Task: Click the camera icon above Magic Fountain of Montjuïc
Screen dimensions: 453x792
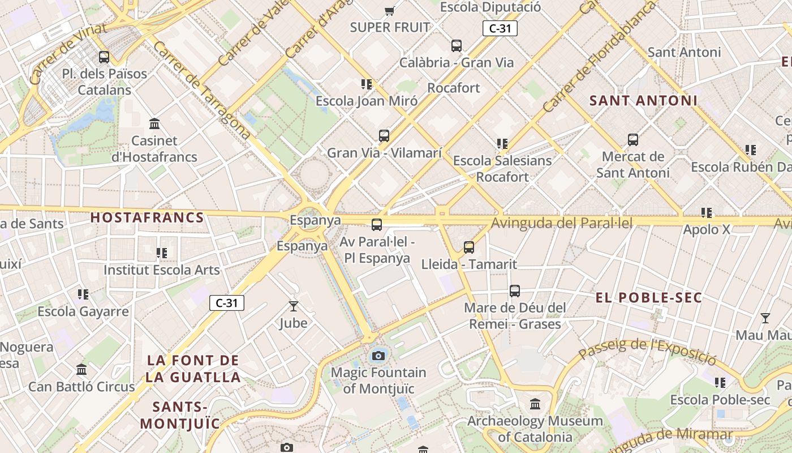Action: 378,356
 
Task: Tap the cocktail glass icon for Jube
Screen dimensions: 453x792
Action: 294,306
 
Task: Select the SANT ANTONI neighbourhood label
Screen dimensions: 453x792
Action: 643,101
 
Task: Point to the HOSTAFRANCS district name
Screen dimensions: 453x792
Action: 147,217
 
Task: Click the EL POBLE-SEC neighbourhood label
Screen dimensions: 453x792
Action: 649,298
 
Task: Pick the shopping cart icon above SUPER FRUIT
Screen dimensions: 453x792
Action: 389,11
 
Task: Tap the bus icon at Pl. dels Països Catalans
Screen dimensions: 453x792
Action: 104,57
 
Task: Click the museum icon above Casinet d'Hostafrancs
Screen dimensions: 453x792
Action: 154,124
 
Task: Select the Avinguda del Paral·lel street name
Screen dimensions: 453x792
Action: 561,223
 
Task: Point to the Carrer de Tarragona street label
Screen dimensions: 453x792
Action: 201,90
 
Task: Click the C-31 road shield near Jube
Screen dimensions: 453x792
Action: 227,303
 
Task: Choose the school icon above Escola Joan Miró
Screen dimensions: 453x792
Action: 367,84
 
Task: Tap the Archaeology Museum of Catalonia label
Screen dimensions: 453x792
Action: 535,429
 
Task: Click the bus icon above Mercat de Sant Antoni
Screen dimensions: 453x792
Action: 633,139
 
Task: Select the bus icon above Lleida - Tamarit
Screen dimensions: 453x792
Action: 469,247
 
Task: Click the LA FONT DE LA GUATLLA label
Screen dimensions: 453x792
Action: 193,368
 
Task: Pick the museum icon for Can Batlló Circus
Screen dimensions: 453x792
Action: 81,370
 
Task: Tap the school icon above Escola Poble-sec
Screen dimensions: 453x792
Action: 720,383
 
